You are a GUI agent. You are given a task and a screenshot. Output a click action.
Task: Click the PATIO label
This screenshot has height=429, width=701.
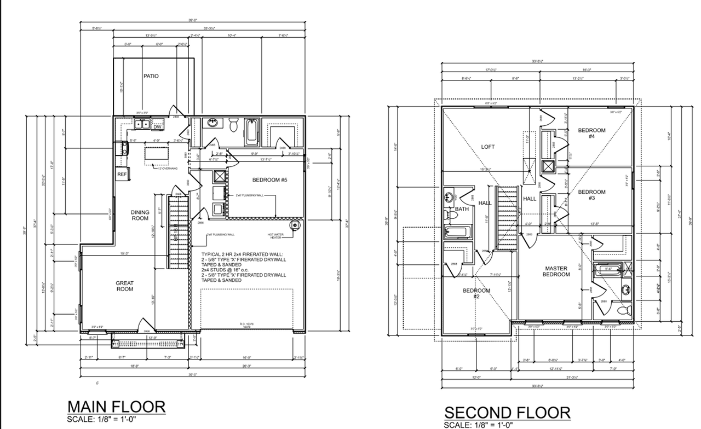[x=151, y=76]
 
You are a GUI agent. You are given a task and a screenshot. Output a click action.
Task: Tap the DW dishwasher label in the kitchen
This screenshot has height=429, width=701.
[x=157, y=126]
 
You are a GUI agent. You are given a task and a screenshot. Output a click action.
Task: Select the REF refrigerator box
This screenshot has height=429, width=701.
[x=122, y=174]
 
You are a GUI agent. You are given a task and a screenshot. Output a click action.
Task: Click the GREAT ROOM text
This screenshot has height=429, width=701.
[x=124, y=286]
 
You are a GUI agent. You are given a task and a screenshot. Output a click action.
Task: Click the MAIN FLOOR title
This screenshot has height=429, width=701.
[x=116, y=407]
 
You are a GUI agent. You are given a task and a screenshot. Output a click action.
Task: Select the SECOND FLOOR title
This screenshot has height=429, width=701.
[x=507, y=413]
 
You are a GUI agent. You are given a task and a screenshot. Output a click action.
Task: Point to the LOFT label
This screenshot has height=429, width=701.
[x=487, y=147]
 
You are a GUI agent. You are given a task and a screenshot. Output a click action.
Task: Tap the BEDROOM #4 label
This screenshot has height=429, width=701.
[x=591, y=133]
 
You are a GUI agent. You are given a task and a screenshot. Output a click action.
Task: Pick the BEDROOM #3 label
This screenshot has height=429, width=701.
[x=591, y=195]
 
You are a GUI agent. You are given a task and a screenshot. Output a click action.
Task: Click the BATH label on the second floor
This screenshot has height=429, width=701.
[x=462, y=208]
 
